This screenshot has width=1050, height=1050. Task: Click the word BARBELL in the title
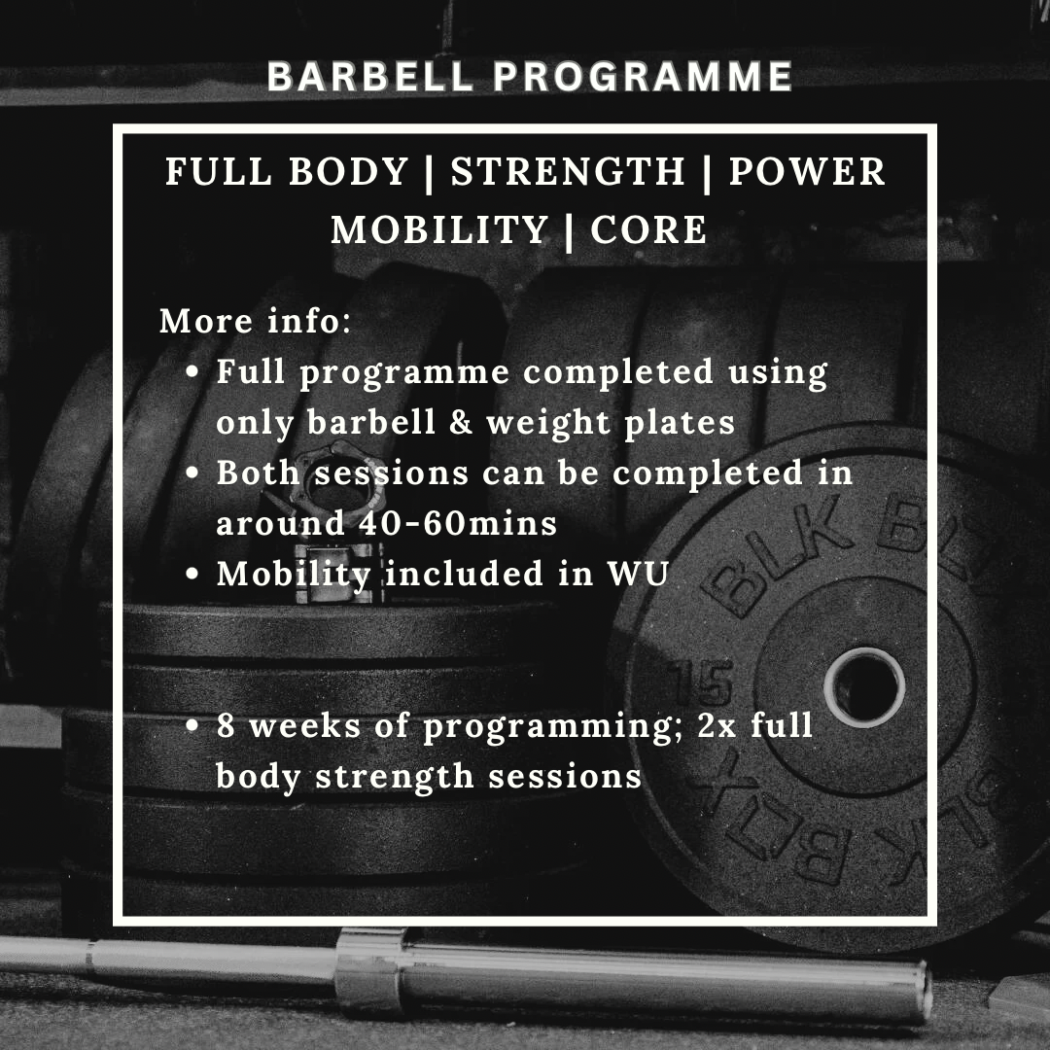pos(370,76)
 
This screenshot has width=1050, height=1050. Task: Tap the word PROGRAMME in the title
pos(644,76)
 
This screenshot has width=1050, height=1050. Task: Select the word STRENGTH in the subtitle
pos(568,171)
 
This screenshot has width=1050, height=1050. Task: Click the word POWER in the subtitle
pos(808,171)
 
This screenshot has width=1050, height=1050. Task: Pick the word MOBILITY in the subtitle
pos(440,229)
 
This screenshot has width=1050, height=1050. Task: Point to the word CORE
pos(648,229)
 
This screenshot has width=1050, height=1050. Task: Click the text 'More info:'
pos(255,320)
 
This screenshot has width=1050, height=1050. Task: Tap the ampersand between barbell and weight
pos(461,422)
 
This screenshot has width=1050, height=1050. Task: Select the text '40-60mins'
pos(458,523)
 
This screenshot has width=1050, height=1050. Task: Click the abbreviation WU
pos(638,574)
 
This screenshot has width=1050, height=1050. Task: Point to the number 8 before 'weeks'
pos(226,725)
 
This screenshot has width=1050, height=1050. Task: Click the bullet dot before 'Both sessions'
pos(192,472)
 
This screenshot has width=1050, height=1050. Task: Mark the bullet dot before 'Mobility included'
pos(192,574)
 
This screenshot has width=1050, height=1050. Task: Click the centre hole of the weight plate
pos(864,687)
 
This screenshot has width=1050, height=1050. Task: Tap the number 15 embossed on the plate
pos(701,682)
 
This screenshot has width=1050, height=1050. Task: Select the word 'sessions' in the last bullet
pos(565,776)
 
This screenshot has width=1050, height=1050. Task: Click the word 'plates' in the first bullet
pos(679,423)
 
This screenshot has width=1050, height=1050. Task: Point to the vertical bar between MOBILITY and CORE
pos(570,231)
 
